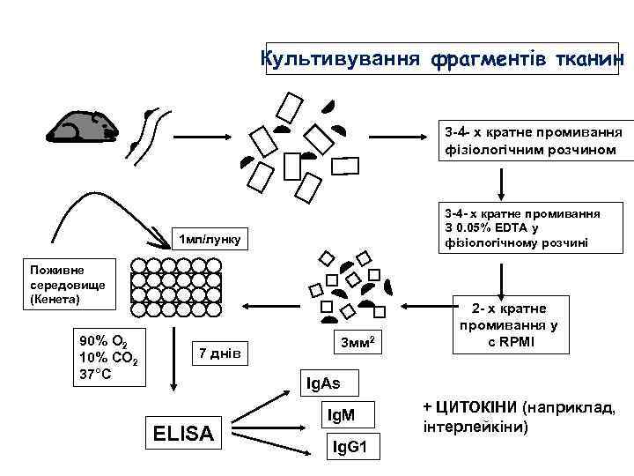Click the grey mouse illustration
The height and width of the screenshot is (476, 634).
(x=83, y=128)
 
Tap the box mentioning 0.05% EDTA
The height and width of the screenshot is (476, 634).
(x=522, y=228)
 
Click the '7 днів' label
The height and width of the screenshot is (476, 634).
(x=220, y=353)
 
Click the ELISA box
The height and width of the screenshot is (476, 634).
(x=183, y=432)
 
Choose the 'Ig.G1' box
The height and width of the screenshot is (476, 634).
(x=355, y=448)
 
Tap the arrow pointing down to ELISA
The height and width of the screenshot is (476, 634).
(x=174, y=361)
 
